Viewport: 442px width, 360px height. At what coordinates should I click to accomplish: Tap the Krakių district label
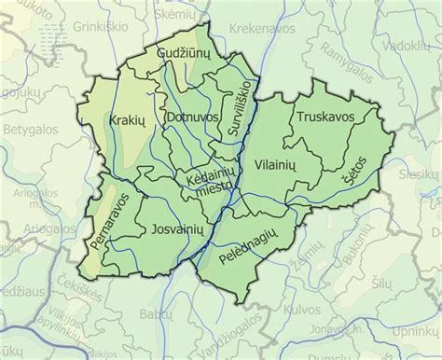(x=125, y=122)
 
